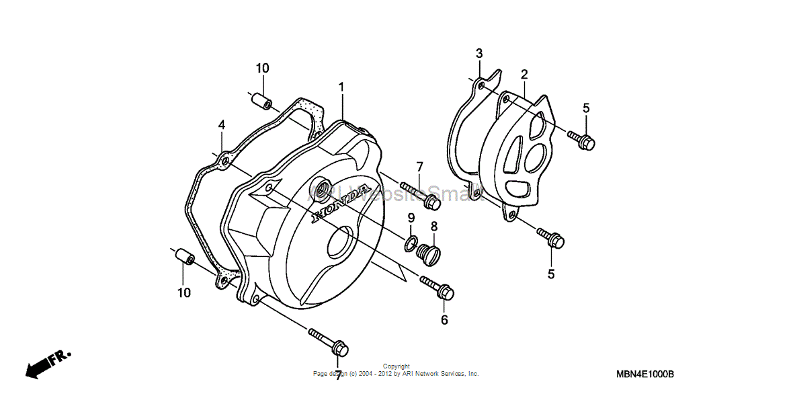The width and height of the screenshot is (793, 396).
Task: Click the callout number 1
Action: (x=341, y=87)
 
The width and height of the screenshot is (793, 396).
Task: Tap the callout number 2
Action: (x=524, y=74)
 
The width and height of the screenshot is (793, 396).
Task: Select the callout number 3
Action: (x=479, y=54)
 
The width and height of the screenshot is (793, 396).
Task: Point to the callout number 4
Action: (x=221, y=125)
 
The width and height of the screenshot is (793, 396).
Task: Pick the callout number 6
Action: (x=444, y=320)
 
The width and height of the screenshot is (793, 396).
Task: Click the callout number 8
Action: (x=434, y=227)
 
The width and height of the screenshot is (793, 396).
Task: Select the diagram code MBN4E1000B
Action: (x=644, y=374)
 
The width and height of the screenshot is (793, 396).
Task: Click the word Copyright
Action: (x=396, y=366)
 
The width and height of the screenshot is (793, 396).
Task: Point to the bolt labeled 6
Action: (x=437, y=288)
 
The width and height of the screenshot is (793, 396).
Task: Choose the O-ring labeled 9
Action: (x=411, y=242)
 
